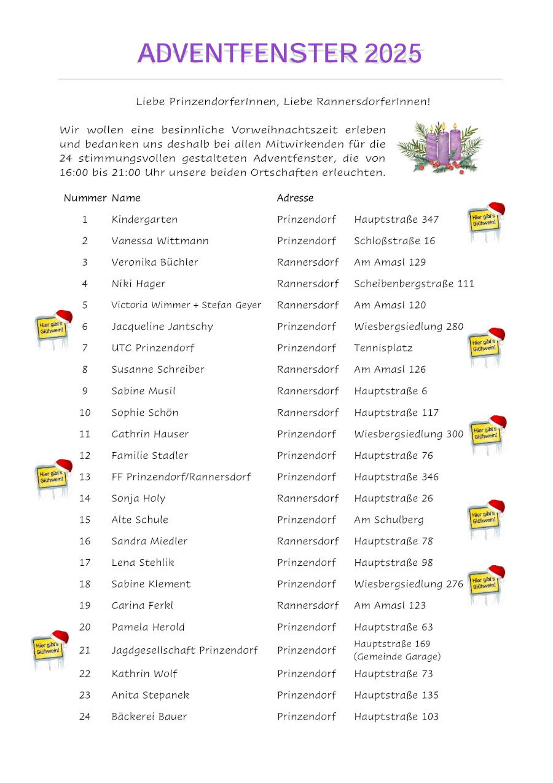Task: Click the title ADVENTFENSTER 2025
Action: (280, 54)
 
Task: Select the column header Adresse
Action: (295, 198)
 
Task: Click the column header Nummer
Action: (85, 198)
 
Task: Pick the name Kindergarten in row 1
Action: (144, 220)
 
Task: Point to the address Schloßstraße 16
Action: (394, 241)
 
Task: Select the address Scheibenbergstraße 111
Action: (414, 284)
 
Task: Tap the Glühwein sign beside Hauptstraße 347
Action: (486, 221)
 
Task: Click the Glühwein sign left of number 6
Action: (53, 328)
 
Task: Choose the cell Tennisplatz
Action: (383, 348)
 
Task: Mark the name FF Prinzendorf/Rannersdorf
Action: (181, 477)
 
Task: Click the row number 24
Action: (85, 717)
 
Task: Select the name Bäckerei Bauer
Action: (149, 717)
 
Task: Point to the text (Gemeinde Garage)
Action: (397, 657)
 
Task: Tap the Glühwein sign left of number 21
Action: (50, 648)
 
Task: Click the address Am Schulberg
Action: (389, 520)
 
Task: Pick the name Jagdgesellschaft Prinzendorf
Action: (184, 650)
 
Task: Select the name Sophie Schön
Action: (145, 413)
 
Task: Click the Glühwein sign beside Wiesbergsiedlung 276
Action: (486, 584)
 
